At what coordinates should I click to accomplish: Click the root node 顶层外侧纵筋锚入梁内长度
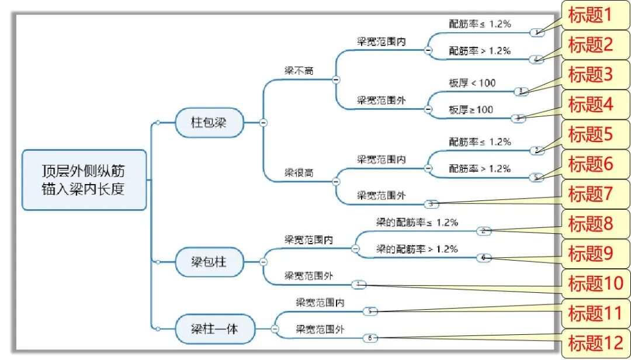[x=84, y=180]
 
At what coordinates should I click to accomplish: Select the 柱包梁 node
[x=209, y=123]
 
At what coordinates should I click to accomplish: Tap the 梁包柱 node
[x=209, y=263]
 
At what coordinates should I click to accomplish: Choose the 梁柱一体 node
[x=214, y=329]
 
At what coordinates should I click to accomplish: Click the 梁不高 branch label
[x=299, y=70]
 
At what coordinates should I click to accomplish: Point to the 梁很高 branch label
[x=299, y=173]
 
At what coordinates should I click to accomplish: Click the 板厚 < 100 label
[x=472, y=83]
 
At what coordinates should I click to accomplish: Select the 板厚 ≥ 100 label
[x=471, y=109]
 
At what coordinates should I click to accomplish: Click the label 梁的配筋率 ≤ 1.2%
[x=417, y=222]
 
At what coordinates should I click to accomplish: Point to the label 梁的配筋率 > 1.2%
[x=417, y=249]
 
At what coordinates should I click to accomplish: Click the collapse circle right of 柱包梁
[x=264, y=122]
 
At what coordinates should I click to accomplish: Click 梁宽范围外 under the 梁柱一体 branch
[x=320, y=330]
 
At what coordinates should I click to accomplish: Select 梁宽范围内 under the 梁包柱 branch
[x=308, y=239]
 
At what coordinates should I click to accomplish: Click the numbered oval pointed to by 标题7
[x=431, y=204]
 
